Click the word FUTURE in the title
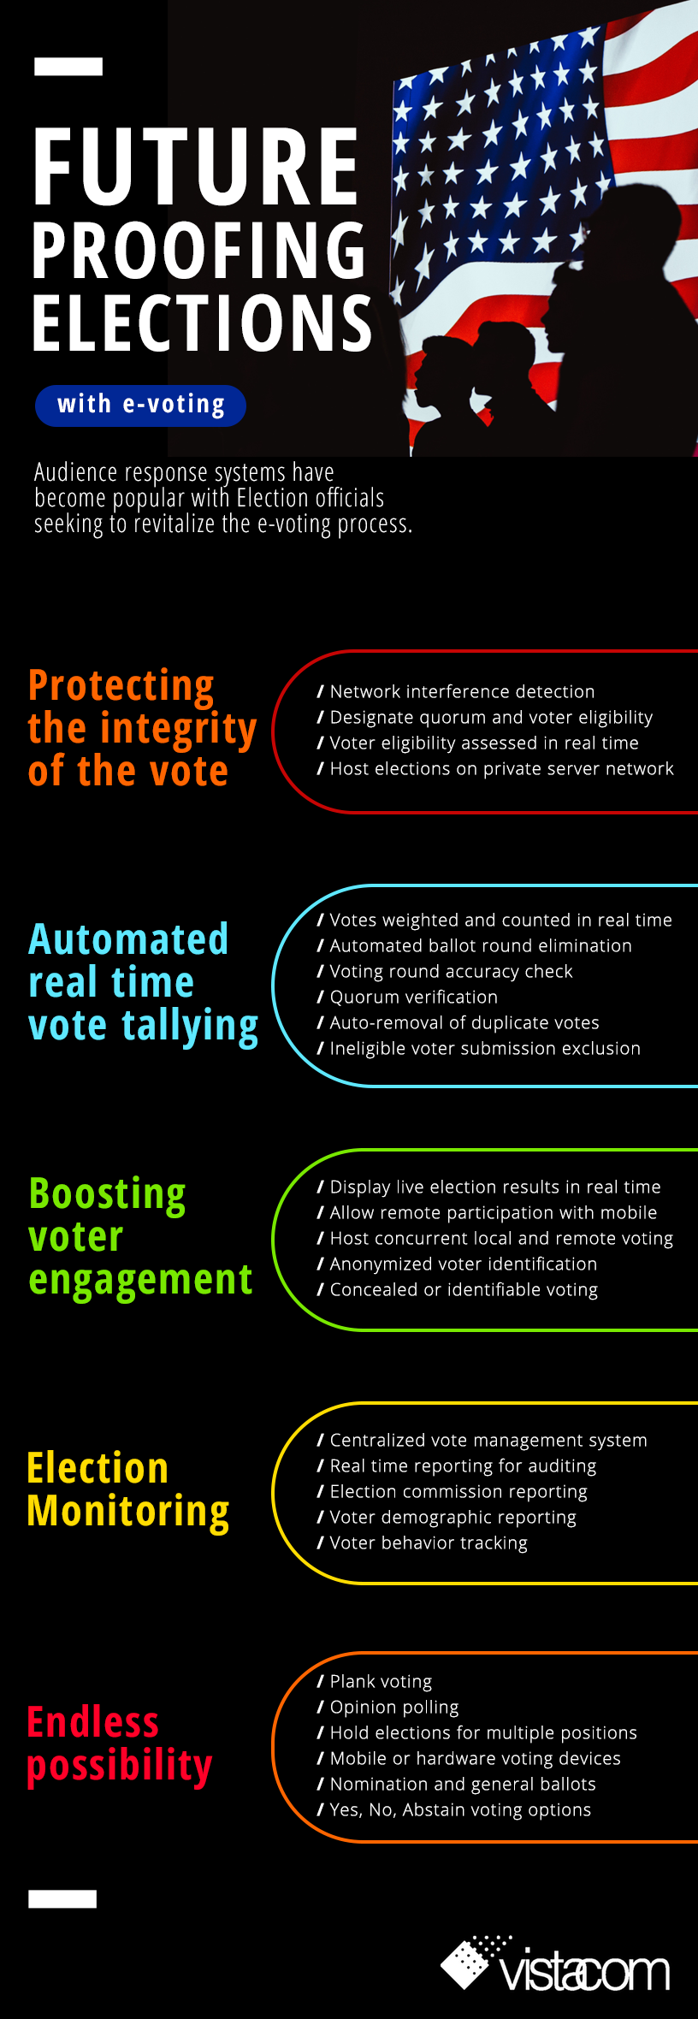pos(195,167)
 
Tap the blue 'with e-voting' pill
pos(140,405)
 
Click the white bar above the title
pos(68,67)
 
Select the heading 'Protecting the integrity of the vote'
pos(142,728)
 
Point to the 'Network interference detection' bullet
pos(456,691)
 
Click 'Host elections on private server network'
pos(495,768)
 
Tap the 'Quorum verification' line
pos(407,997)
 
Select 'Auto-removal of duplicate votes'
pos(458,1022)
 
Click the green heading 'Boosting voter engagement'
pos(140,1237)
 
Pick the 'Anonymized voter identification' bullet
pos(457,1264)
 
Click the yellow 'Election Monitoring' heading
pos(128,1490)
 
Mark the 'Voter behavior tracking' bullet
pos(423,1542)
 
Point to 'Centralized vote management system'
pos(482,1440)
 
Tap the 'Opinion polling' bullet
pos(387,1707)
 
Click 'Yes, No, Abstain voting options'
pos(454,1809)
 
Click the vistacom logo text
pos(585,1971)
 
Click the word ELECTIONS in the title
pos(202,323)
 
